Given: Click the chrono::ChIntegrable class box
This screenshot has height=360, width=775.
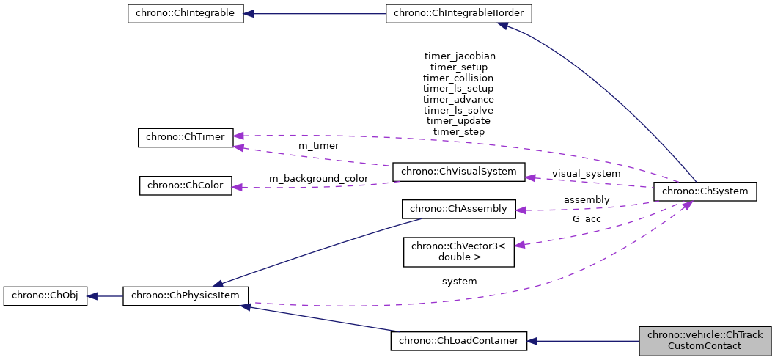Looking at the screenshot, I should point(185,14).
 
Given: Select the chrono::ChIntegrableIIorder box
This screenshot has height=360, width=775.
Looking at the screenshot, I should point(459,14).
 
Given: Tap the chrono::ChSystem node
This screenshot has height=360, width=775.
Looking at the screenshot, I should point(705,191).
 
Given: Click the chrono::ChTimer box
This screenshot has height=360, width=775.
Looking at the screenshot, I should point(186,137).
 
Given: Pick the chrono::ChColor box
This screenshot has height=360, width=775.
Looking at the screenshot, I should point(186,185).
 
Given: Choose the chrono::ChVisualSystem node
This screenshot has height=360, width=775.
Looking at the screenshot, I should point(459,172).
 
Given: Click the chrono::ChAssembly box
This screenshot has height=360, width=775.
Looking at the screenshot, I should point(459,209).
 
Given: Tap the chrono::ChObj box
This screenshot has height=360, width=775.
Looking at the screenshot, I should point(45,296).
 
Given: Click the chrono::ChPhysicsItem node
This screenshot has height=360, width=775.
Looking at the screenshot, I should point(186,296).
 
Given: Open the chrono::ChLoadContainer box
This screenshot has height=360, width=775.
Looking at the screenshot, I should point(459,341).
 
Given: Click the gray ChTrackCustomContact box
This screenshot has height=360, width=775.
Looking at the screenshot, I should point(705,341).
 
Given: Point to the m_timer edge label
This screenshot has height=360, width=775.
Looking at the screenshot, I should point(318,146).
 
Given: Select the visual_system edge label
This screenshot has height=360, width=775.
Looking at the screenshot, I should point(586,174).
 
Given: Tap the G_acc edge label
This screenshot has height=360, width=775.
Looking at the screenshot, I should point(586,218).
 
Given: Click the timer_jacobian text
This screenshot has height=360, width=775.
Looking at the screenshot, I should point(460,56).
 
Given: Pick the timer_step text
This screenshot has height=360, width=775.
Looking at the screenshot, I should point(459,131).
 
